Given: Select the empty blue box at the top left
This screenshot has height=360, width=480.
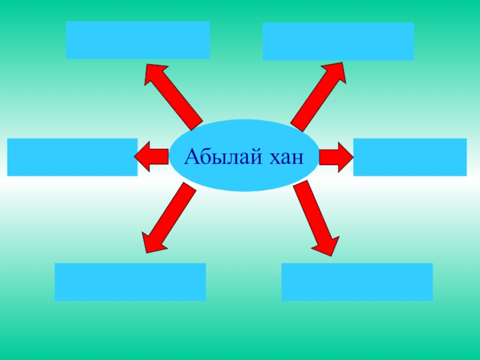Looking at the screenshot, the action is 137,40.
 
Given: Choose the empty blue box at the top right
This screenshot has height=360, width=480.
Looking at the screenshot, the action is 338,41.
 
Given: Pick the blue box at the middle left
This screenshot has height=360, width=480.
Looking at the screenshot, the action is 72,157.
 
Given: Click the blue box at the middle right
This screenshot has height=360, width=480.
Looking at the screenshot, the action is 409,157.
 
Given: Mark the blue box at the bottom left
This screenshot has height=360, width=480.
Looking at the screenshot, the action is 130,281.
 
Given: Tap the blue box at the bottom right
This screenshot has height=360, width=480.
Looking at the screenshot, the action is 356,281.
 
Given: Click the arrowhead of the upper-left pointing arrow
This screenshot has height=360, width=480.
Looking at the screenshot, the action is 154,72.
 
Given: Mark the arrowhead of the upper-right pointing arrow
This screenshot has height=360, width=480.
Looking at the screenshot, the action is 337,71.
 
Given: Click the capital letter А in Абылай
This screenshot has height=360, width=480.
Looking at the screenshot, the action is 191,157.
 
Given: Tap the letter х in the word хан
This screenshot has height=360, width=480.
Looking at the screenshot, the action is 271,159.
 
